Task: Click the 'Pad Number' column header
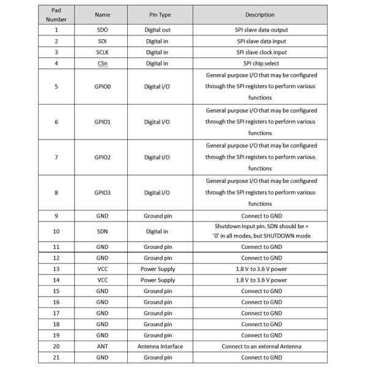56,14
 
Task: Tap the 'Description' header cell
259,14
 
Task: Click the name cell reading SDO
102,29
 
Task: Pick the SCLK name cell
102,52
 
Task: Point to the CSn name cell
102,64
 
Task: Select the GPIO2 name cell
102,157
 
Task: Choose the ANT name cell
102,346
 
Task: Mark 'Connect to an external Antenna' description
259,346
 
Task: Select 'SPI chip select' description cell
259,64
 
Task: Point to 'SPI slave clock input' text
259,52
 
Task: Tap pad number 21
56,357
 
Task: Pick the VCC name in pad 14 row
102,280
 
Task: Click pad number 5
56,87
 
